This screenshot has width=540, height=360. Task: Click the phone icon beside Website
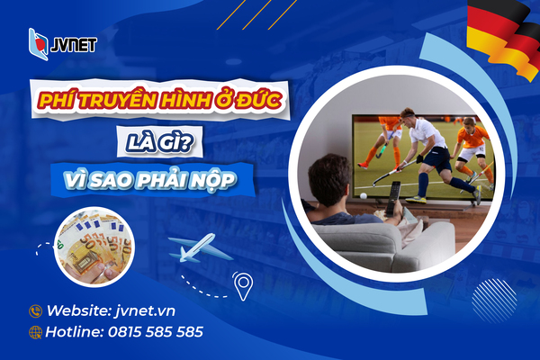pyautogui.click(x=36, y=310)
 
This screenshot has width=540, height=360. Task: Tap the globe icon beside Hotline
pyautogui.click(x=36, y=332)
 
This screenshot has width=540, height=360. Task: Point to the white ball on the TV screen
pyautogui.click(x=363, y=193)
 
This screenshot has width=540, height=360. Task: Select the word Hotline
pyautogui.click(x=77, y=332)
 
